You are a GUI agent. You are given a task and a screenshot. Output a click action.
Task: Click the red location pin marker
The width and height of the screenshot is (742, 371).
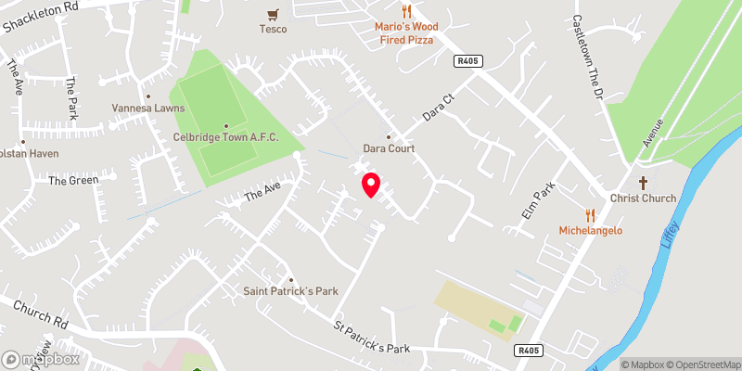coord(371,185)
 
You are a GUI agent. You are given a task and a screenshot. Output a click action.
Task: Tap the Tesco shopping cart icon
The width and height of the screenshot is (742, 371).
coord(273,14)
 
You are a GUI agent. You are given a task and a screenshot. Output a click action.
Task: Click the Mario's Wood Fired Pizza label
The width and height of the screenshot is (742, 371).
coord(405,33)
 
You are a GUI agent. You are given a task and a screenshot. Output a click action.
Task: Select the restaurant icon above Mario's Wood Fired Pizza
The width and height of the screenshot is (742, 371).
coord(405,11)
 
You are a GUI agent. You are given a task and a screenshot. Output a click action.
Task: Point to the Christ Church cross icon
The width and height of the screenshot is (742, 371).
coord(643,183)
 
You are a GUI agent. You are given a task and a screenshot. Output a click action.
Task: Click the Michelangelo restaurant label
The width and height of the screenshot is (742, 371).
coord(590,230)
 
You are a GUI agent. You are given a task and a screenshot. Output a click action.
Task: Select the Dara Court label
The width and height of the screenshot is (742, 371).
coord(389,148)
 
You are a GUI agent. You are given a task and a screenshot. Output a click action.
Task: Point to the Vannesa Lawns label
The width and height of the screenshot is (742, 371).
coord(148,109)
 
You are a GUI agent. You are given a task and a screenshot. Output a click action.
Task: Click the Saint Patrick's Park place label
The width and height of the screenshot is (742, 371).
coord(290,291)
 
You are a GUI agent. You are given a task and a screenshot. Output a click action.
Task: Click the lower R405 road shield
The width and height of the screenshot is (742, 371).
coord(528,350)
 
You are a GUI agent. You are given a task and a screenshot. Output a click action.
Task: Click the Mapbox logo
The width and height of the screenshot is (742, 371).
coord(41,359)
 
